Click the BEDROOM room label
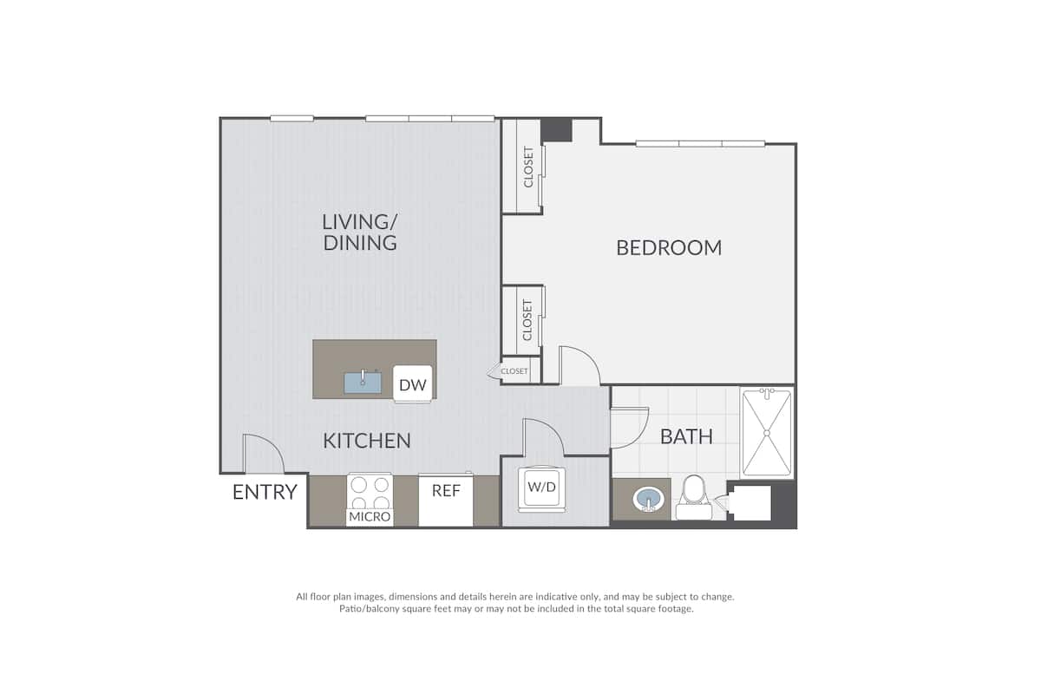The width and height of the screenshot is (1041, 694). coord(669,248)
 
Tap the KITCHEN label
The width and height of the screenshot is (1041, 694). coord(367,441)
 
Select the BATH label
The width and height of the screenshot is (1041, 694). coord(686,436)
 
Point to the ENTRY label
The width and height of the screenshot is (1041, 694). coord(265,492)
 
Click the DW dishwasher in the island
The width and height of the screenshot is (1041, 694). coord(413,384)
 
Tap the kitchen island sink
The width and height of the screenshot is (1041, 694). coord(363,382)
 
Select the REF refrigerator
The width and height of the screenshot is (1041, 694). coord(446,500)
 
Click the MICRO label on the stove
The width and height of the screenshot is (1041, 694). coord(370,516)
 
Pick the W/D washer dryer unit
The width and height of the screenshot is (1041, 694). coord(542,488)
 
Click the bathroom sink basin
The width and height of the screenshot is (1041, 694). coord(648,500)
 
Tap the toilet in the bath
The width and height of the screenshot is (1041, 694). coord(694,498)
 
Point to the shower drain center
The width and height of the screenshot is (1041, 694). coord(767,433)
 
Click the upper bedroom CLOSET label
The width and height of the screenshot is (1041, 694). coord(528,167)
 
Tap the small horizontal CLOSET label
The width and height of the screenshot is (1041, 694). coord(514,371)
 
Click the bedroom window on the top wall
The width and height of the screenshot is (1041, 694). coord(700,143)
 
